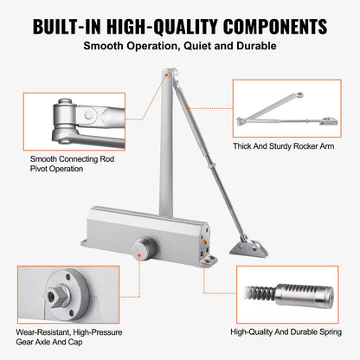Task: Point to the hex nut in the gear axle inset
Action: tap(61, 293)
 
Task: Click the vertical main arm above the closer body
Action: tap(166, 147)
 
